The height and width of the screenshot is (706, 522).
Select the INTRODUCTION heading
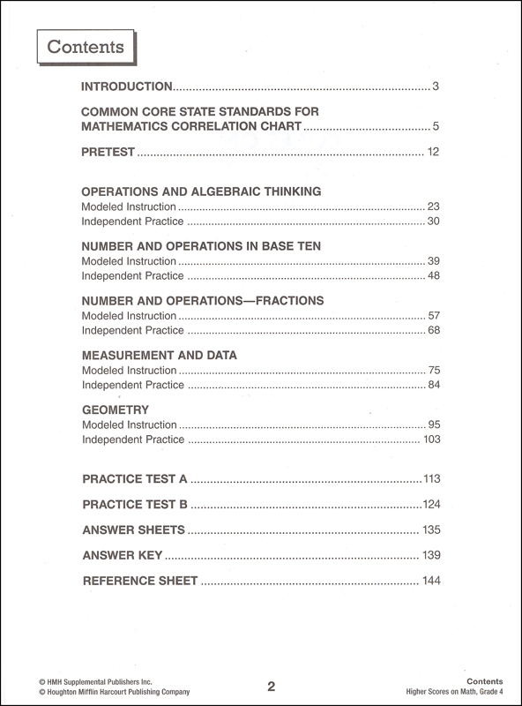pyautogui.click(x=126, y=86)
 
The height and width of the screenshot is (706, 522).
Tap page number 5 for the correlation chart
pyautogui.click(x=436, y=127)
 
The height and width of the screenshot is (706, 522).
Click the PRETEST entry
pyautogui.click(x=108, y=153)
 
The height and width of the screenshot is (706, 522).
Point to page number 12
pyautogui.click(x=433, y=153)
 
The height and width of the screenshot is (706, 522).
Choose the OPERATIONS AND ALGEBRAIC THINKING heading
pyautogui.click(x=201, y=191)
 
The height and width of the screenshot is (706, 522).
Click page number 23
pyautogui.click(x=433, y=207)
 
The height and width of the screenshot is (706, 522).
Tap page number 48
pyautogui.click(x=433, y=275)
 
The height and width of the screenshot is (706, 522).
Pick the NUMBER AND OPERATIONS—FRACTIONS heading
pyautogui.click(x=203, y=300)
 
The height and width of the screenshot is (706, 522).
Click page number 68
pyautogui.click(x=433, y=330)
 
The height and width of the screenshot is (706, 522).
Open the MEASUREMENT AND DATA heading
pyautogui.click(x=159, y=355)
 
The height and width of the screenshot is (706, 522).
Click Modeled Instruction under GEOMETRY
pyautogui.click(x=129, y=424)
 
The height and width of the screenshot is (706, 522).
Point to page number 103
pyautogui.click(x=431, y=439)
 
